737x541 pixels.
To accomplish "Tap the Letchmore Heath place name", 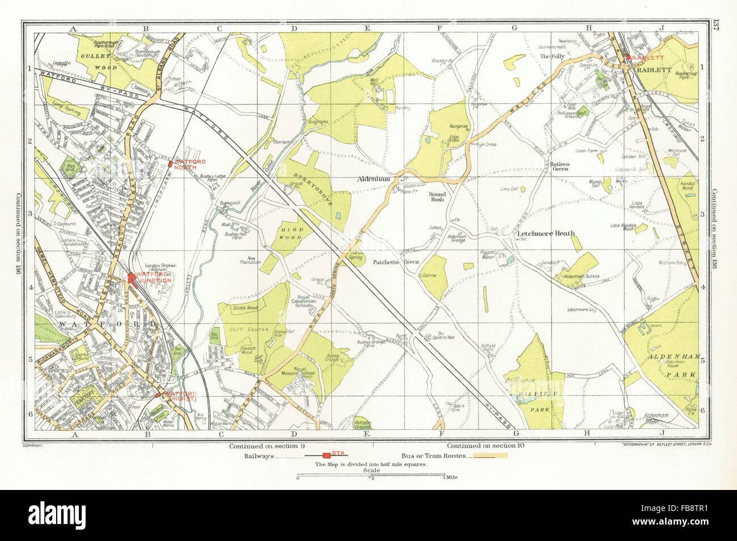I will coord(545,233).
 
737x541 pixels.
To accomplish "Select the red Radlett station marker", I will coord(628,57).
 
